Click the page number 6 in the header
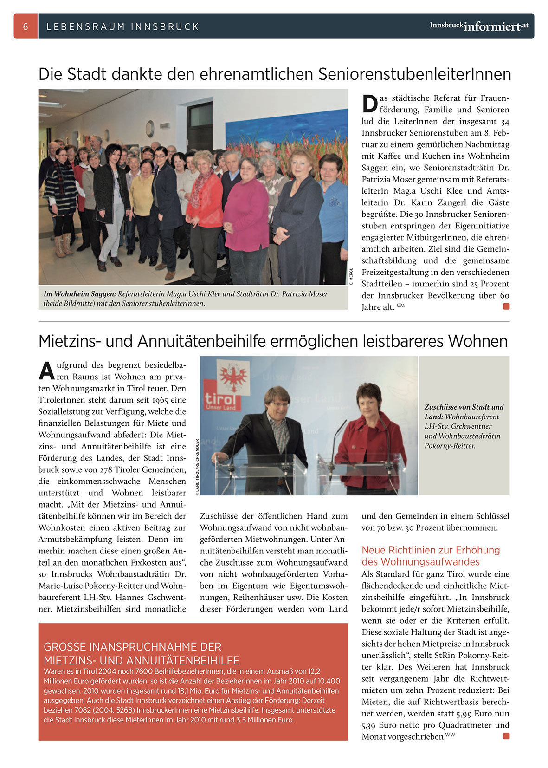(x=26, y=26)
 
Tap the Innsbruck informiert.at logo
(x=479, y=26)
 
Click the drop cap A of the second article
(x=46, y=370)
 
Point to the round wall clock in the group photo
(x=150, y=128)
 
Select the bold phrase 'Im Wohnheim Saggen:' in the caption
(x=79, y=294)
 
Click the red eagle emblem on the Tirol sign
(x=233, y=377)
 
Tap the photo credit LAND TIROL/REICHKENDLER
(x=197, y=467)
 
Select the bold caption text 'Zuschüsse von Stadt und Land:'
(x=464, y=411)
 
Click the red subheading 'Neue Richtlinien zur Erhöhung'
(x=431, y=550)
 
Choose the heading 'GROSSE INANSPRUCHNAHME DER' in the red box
(x=132, y=647)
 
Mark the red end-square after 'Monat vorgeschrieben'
(x=506, y=736)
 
